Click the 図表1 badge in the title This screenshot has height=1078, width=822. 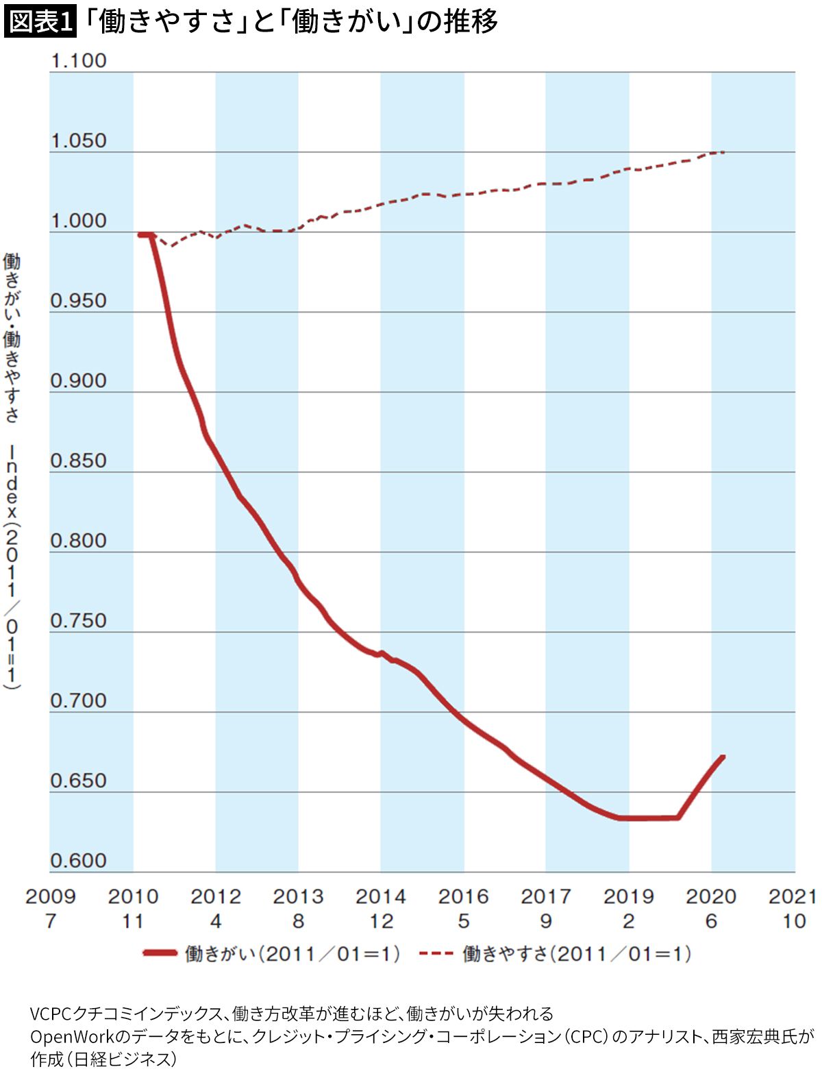(39, 22)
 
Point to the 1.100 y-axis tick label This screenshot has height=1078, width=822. (79, 60)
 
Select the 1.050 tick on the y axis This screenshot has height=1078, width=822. (79, 140)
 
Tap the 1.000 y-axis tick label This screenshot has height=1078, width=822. (79, 221)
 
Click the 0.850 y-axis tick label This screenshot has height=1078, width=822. (79, 461)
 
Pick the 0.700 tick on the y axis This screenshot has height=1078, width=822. (79, 700)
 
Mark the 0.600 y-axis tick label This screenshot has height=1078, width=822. (79, 861)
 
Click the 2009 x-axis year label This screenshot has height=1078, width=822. (50, 896)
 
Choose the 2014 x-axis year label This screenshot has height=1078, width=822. (381, 896)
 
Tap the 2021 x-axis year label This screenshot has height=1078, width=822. (793, 896)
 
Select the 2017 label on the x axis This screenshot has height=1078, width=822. (546, 896)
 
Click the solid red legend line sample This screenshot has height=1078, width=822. (160, 953)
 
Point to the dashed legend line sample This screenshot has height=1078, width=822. (436, 953)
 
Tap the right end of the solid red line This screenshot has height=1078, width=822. (723, 757)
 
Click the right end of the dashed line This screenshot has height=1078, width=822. (723, 151)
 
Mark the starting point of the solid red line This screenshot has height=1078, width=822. (140, 235)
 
